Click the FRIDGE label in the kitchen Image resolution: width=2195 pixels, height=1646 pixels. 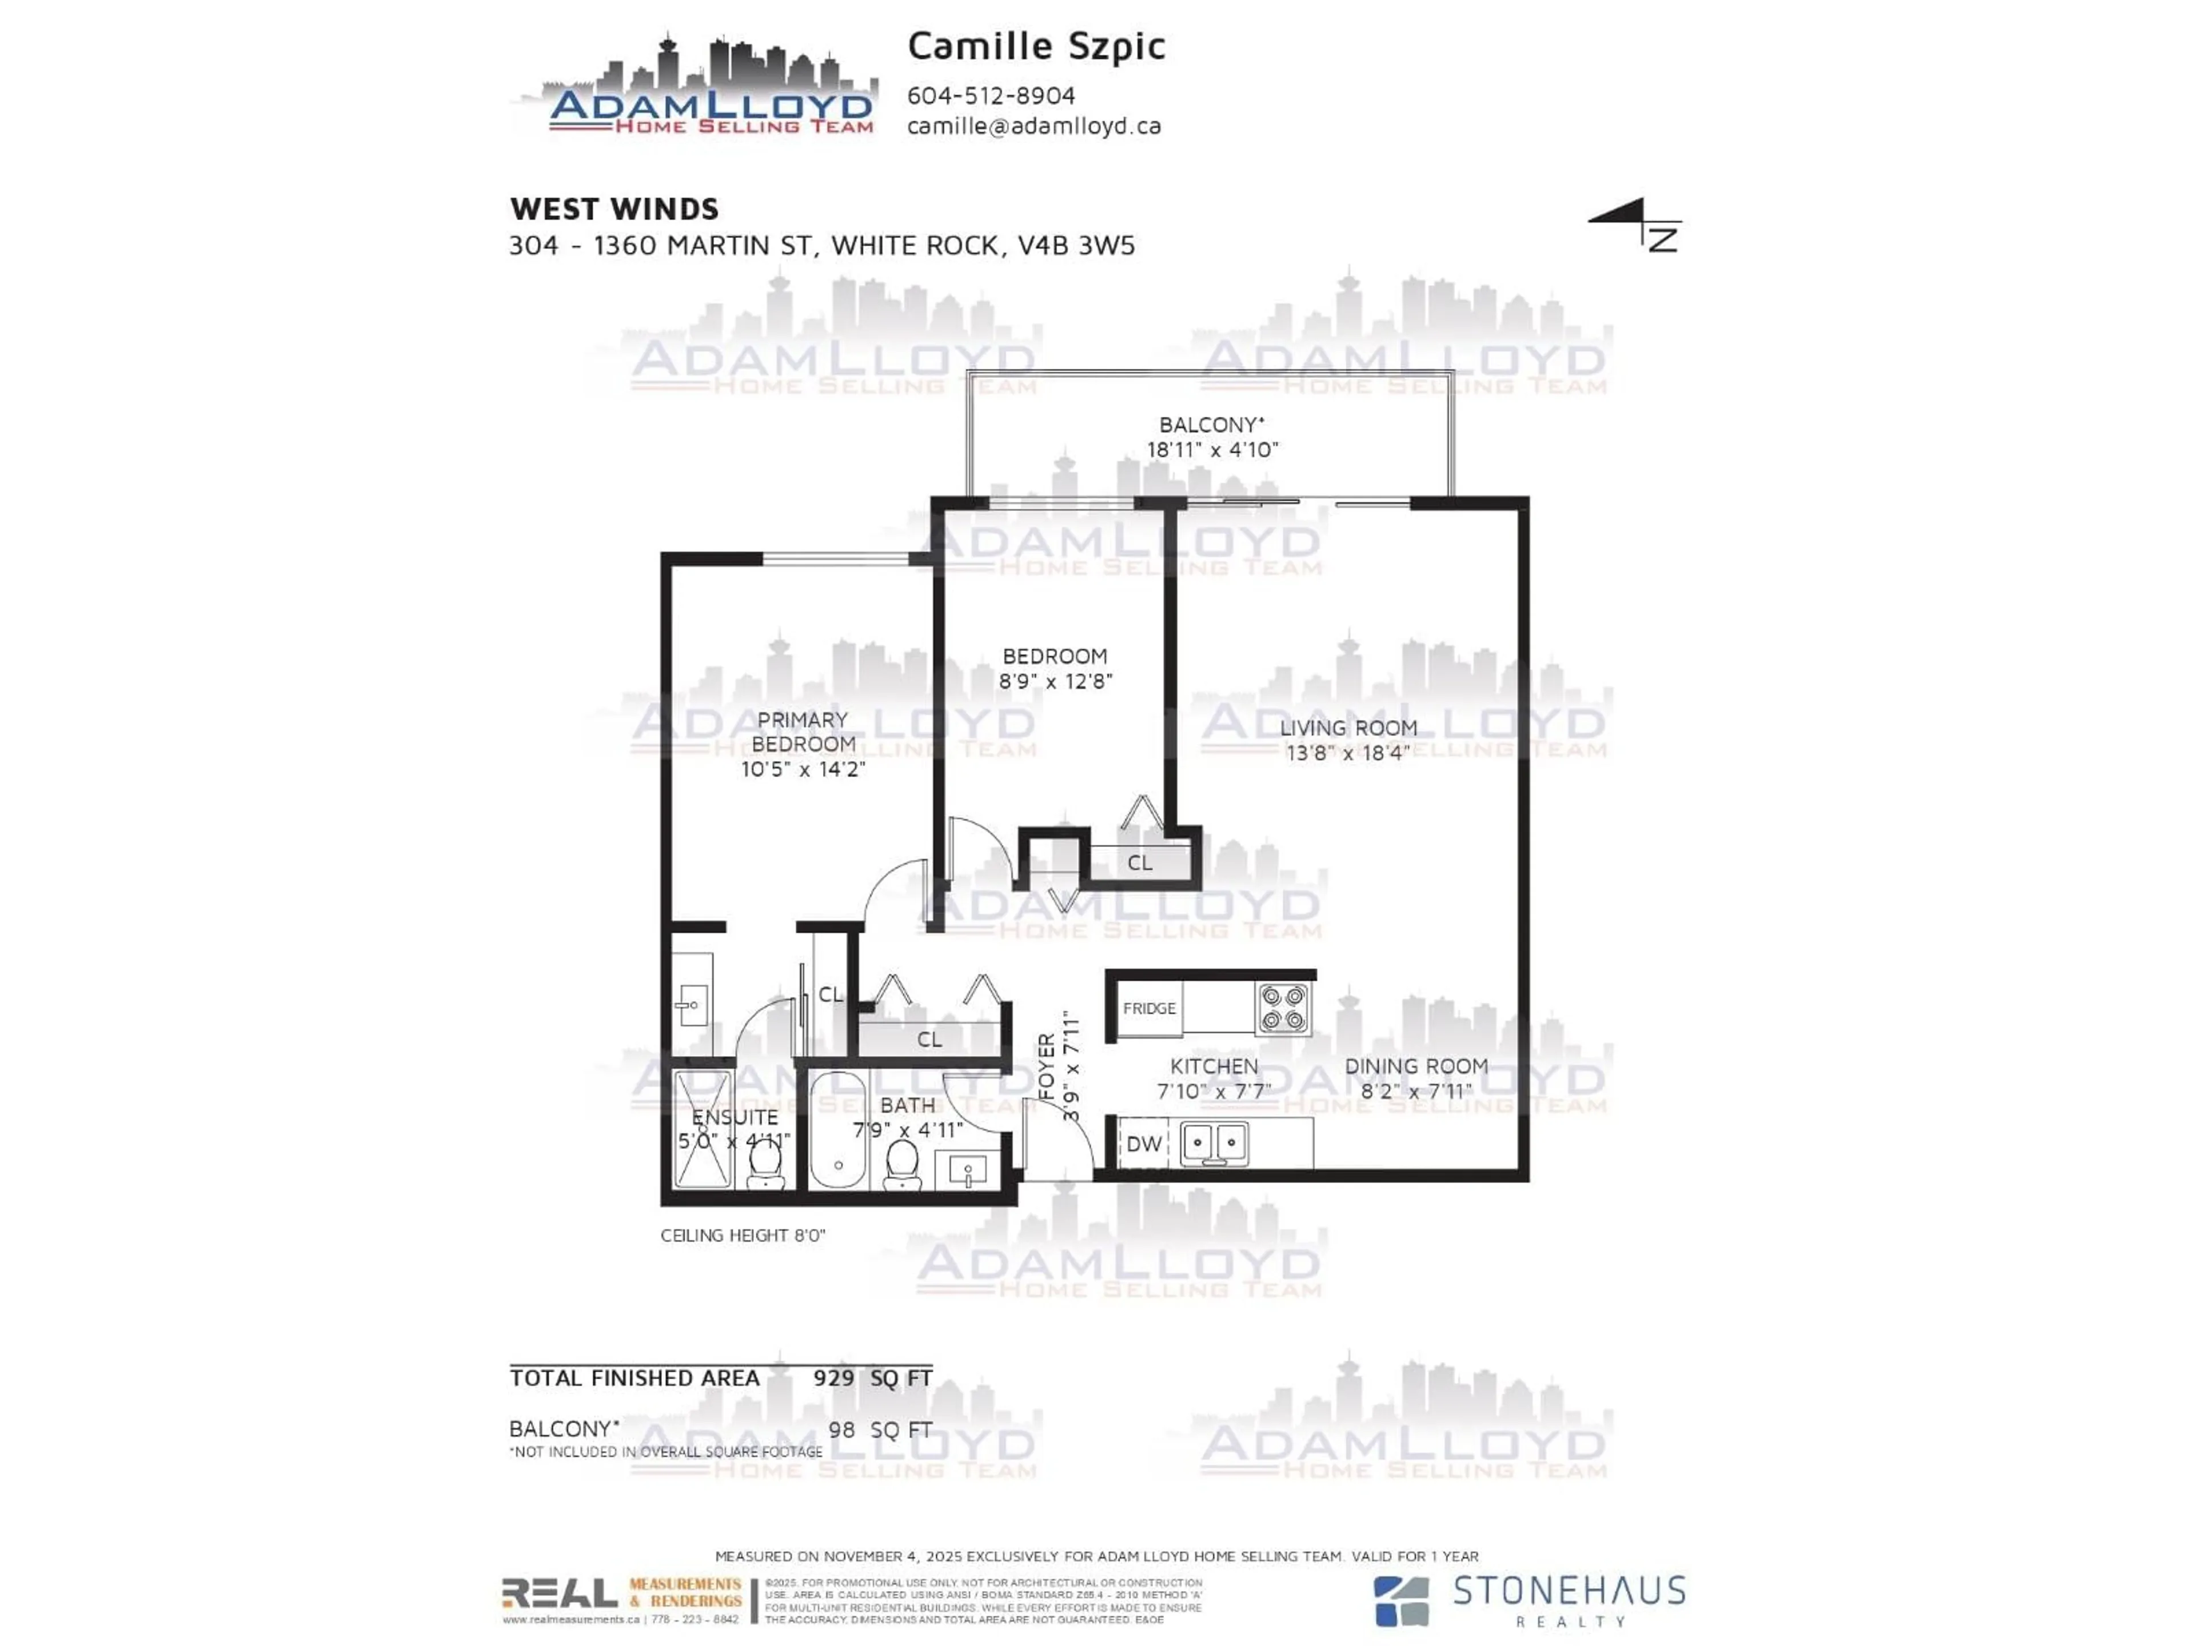tap(1149, 1008)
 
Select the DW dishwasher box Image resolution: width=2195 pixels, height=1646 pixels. tap(1143, 1144)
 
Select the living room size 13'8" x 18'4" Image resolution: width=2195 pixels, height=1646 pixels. tap(1347, 752)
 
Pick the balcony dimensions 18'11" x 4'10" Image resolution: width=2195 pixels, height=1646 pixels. tap(1212, 449)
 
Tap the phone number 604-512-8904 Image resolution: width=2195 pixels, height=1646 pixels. tap(991, 95)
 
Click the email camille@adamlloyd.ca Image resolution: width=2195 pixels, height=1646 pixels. tap(1034, 126)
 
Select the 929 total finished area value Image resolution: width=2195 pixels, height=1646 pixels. tap(833, 1378)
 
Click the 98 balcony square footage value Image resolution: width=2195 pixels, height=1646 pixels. tap(841, 1430)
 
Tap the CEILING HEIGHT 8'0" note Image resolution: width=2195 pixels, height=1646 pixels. tap(743, 1235)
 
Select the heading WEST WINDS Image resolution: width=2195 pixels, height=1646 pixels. tap(614, 209)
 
